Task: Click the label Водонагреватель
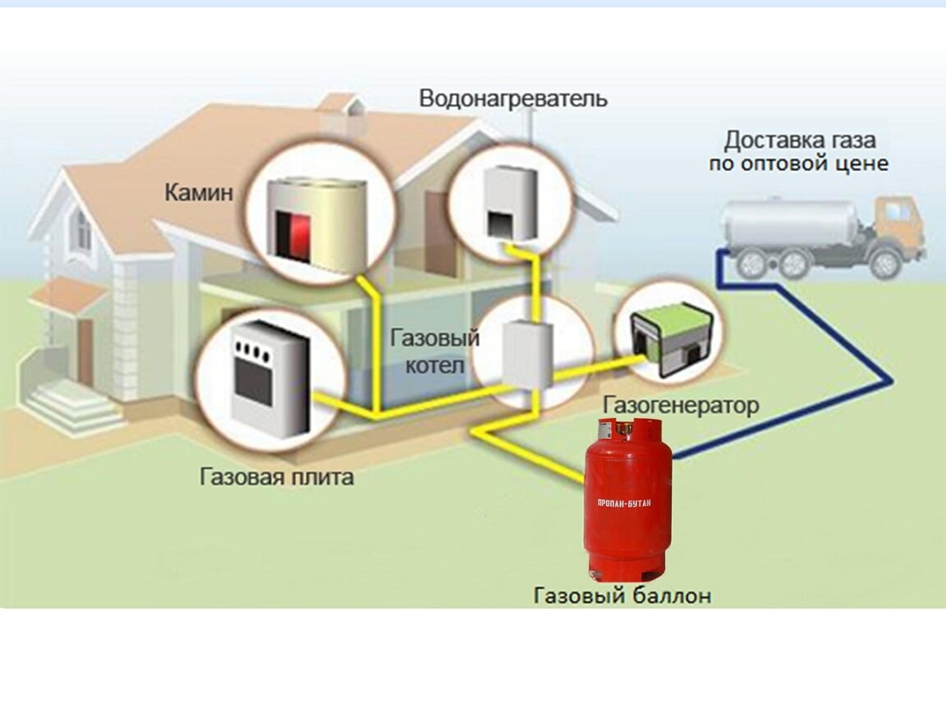(513, 99)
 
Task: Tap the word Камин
(199, 193)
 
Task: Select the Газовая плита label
(277, 477)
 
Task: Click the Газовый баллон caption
(622, 595)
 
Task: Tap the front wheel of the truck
(884, 263)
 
